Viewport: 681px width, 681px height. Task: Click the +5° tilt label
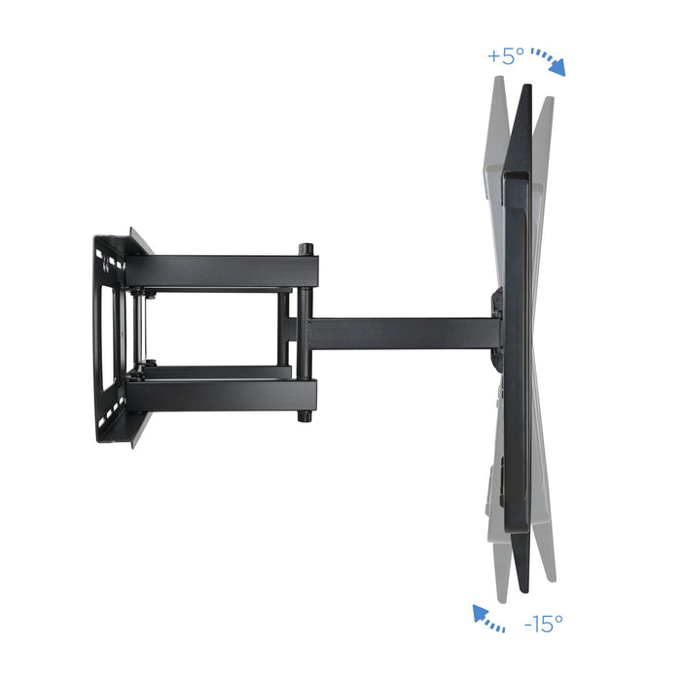pyautogui.click(x=507, y=56)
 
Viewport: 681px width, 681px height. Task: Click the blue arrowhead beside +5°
pyautogui.click(x=558, y=68)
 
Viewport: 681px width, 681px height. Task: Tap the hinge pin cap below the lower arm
pyautogui.click(x=305, y=415)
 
